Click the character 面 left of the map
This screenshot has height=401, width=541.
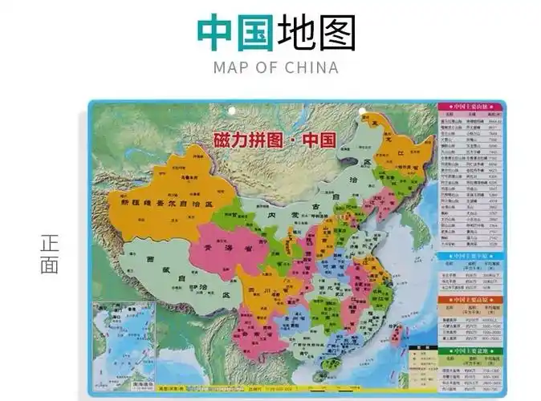(49, 264)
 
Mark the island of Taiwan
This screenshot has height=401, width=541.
(397, 334)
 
